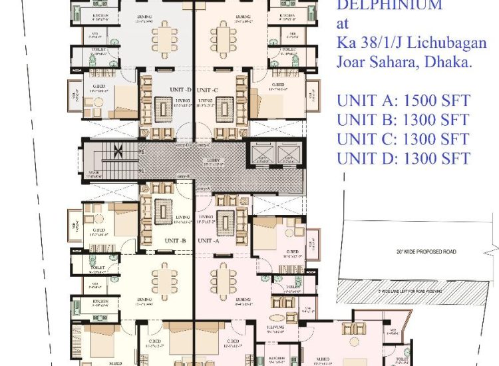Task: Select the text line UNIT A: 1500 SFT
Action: [403, 101]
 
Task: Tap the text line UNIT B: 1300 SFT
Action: [403, 120]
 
